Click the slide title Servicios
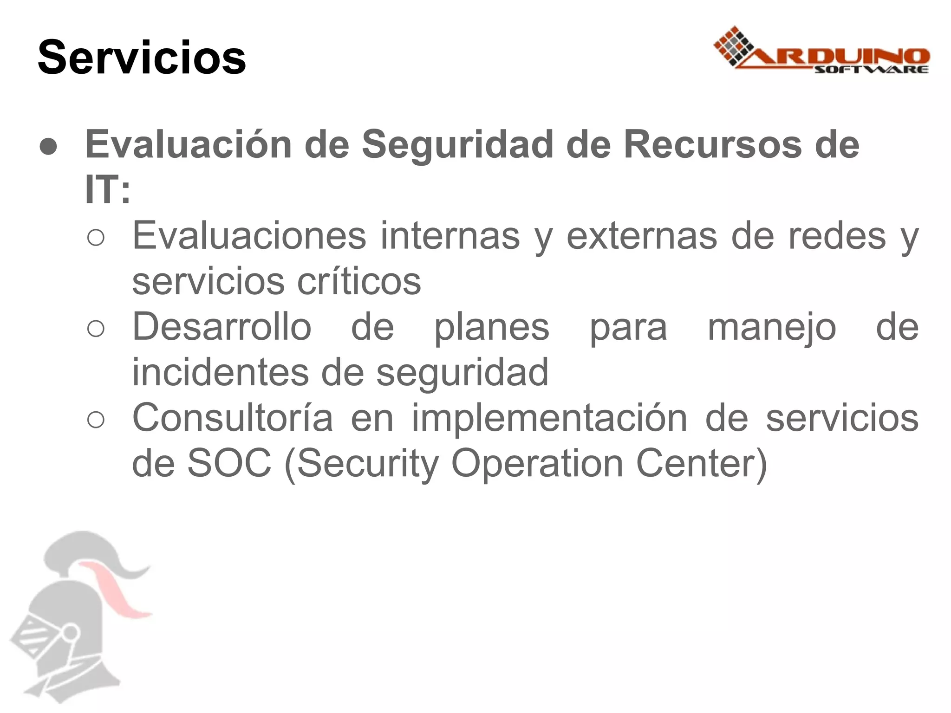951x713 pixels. (x=142, y=58)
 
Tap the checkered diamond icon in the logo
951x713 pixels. (x=734, y=46)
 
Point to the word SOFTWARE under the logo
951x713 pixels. (x=871, y=70)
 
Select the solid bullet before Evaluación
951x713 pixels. (x=49, y=147)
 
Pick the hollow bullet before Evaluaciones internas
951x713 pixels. (x=96, y=238)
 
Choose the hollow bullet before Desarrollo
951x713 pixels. (x=96, y=329)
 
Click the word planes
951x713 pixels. (x=491, y=327)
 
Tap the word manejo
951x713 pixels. (x=772, y=327)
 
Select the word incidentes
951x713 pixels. (x=220, y=372)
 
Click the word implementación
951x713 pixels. (x=549, y=418)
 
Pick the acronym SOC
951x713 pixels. (x=229, y=463)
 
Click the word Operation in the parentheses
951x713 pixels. (x=537, y=463)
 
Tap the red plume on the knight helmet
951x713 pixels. (x=116, y=590)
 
